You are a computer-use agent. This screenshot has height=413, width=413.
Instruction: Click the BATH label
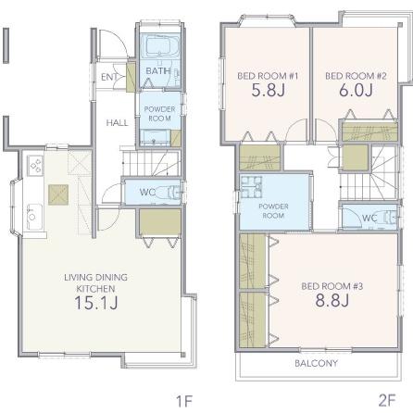point(158,70)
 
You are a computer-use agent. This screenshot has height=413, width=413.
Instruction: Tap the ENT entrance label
point(109,77)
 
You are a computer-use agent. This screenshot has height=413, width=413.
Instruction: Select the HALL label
point(117,123)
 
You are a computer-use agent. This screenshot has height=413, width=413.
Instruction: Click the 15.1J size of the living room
point(96,303)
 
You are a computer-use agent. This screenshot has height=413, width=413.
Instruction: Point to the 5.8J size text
point(268,90)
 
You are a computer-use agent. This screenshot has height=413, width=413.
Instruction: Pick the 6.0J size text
point(356,90)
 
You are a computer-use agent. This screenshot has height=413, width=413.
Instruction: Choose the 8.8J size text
point(332,300)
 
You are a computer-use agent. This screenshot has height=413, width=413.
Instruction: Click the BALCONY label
point(316,363)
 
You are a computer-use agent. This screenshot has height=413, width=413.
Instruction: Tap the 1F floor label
point(184,402)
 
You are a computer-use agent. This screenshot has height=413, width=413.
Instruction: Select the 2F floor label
point(387,401)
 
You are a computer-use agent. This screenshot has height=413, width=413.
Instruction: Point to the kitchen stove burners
point(35,166)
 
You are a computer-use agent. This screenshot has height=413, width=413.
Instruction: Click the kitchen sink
point(34,217)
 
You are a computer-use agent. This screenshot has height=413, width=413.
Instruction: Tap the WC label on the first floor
point(147,192)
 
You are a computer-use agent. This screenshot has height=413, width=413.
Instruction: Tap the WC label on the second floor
point(369,219)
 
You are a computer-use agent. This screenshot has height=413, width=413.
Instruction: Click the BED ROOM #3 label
point(332,286)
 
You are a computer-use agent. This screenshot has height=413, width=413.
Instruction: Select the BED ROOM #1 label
point(268,76)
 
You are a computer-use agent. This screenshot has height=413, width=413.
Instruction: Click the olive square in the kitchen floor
point(58,194)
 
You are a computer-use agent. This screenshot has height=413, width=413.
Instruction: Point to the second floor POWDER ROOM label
point(273,211)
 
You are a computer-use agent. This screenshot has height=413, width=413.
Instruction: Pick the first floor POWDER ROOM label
point(159,114)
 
